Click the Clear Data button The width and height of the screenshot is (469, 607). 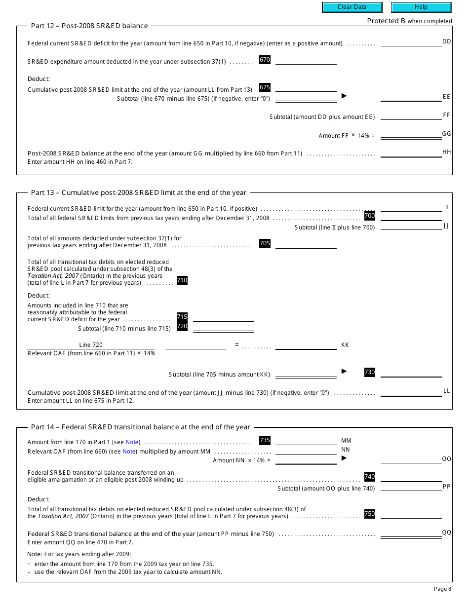pyautogui.click(x=352, y=7)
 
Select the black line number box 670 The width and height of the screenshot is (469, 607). pyautogui.click(x=265, y=60)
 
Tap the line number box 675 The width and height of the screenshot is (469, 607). pyautogui.click(x=265, y=87)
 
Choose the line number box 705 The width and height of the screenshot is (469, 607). pyautogui.click(x=265, y=243)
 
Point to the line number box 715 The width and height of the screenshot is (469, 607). pyautogui.click(x=182, y=317)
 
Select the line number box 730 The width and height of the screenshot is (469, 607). pyautogui.click(x=370, y=372)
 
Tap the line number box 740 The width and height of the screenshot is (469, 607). pyautogui.click(x=370, y=477)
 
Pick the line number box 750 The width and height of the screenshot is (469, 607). pyautogui.click(x=370, y=514)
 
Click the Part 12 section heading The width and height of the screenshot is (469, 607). pyautogui.click(x=89, y=26)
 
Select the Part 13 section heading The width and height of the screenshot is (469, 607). pyautogui.click(x=138, y=192)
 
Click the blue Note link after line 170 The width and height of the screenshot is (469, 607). pyautogui.click(x=132, y=442)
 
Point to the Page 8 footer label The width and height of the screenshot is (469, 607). pyautogui.click(x=442, y=589)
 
